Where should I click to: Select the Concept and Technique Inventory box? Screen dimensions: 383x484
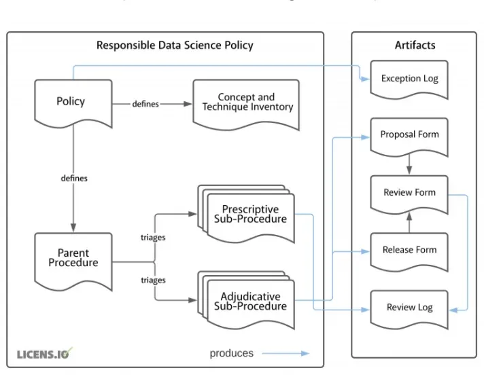[x=246, y=103]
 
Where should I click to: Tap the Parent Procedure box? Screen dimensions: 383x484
[x=73, y=258]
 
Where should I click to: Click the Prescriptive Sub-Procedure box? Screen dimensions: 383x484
[x=254, y=214]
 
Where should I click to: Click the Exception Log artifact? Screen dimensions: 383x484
[x=409, y=79]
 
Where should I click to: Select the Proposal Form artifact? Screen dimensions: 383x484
[x=409, y=134]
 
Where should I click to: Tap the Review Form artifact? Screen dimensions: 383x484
[x=409, y=192]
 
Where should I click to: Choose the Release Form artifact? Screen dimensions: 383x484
[x=409, y=250]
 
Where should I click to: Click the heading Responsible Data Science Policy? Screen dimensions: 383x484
[x=175, y=45]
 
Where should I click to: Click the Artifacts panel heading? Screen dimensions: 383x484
[x=415, y=45]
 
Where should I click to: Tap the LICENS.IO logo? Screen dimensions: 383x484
[x=44, y=354]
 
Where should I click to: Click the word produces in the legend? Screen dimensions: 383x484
[x=231, y=353]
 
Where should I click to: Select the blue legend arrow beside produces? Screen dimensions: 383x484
[x=286, y=353]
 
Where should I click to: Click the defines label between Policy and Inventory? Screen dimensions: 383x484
[x=145, y=104]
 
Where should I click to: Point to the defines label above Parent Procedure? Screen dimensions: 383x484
[x=74, y=178]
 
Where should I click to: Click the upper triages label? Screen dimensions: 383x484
[x=153, y=238]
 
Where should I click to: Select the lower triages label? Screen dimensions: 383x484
[x=153, y=280]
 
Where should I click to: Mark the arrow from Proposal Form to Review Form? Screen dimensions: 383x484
[x=409, y=164]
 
